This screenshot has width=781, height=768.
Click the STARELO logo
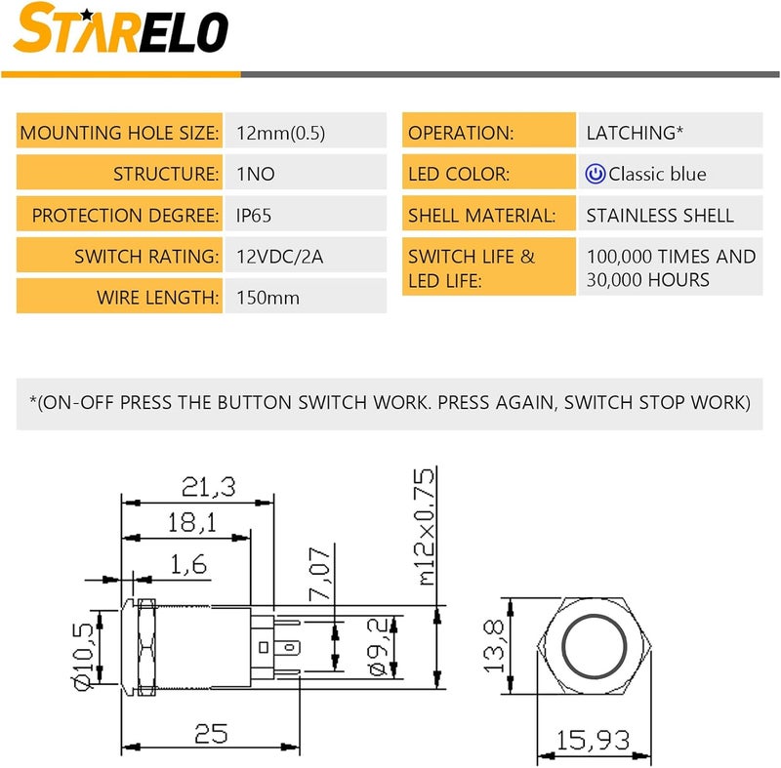coord(120,28)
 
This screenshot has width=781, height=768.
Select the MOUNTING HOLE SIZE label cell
coord(119,131)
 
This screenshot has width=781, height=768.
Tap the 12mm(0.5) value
coord(280,133)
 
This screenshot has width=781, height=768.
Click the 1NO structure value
coord(256,174)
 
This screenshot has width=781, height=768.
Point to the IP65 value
coord(254,216)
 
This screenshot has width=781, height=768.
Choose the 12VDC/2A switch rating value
coord(279,257)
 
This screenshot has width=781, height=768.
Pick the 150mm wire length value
coord(267,298)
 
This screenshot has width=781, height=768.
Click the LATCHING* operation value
coord(635,133)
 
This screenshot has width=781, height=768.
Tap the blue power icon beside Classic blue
coord(596,174)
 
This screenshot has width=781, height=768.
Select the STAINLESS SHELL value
coord(660,216)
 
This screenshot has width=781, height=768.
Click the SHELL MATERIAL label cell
coord(489,213)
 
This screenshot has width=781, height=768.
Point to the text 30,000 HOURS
coord(647,280)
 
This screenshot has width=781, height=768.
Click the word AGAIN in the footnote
coord(525,403)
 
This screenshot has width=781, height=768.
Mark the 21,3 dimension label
coord(208,487)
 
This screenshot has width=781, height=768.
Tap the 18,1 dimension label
coord(191,523)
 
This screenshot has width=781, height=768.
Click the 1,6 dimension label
coord(188,564)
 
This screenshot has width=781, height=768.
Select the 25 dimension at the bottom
coord(211,733)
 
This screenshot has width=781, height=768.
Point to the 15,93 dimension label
coord(593,740)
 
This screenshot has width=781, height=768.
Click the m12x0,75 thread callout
coord(426,527)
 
